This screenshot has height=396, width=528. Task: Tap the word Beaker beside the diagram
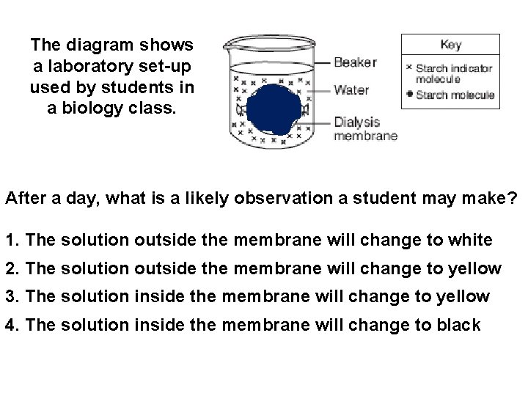point(355,62)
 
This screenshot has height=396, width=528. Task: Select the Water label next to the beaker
point(351,90)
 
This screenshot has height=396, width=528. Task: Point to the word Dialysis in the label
point(356,122)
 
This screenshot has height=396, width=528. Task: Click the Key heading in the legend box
point(451,45)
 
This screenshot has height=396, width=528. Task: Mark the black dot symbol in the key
point(409,95)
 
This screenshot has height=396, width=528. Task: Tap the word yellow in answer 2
point(472,268)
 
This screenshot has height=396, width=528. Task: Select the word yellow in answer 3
point(460,296)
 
